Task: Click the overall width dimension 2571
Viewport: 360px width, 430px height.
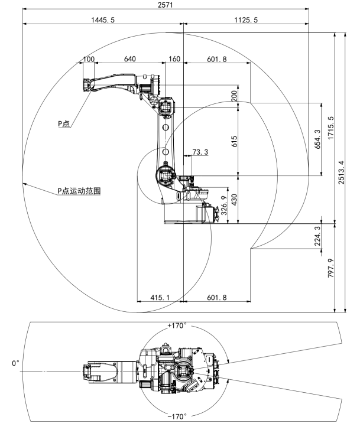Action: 166,5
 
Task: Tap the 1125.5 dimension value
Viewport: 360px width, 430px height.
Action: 246,20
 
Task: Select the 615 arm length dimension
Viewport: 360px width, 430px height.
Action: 234,141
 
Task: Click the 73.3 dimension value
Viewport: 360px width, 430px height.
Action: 201,152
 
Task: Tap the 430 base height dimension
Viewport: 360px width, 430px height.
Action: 234,200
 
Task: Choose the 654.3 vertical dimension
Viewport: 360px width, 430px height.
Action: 317,139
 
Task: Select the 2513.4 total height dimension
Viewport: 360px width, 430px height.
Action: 345,171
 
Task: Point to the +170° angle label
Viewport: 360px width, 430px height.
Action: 177,326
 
